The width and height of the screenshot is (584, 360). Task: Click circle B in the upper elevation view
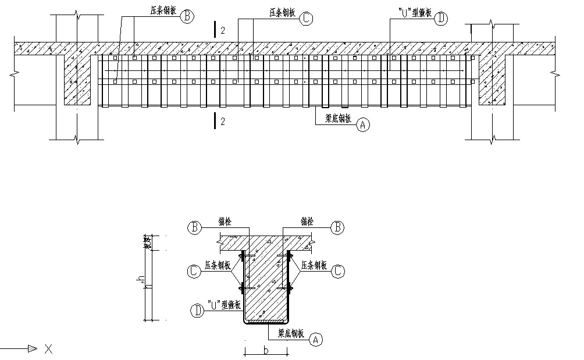pos(187,17)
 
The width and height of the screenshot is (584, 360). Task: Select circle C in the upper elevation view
pos(307,18)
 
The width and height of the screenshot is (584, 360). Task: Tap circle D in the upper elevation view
pos(441,18)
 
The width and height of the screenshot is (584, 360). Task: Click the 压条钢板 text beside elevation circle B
pos(159,11)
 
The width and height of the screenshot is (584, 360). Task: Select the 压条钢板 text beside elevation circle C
pos(283,12)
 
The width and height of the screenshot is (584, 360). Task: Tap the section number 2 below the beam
pos(223,121)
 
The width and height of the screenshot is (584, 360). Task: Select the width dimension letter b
pos(266,351)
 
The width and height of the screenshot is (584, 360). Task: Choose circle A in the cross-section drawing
pos(316,338)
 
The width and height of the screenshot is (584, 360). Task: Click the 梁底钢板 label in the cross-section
pos(291,334)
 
